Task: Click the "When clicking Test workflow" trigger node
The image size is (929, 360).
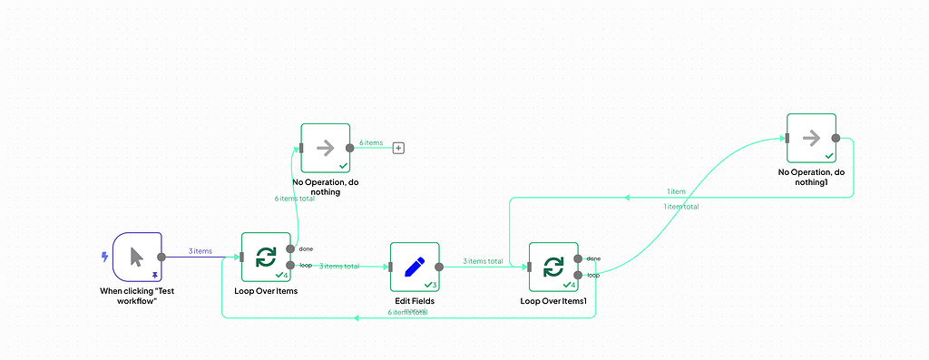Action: point(137,257)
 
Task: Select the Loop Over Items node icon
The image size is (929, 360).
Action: point(266,257)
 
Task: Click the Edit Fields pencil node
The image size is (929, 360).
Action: point(415,267)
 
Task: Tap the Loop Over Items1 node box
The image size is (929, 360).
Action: point(553,267)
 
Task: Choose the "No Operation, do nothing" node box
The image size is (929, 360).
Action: point(325,148)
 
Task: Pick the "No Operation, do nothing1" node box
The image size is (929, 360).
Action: point(811,138)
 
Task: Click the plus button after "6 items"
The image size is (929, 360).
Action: point(397,148)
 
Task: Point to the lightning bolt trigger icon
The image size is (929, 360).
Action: point(104,257)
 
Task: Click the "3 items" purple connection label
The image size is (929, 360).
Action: point(200,251)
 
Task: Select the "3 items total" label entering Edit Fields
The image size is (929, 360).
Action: point(340,266)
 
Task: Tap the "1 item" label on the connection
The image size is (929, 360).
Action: point(676,191)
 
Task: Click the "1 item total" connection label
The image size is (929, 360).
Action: point(681,206)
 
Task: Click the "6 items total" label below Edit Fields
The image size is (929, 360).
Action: point(407,312)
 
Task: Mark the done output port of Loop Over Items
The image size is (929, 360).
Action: point(290,248)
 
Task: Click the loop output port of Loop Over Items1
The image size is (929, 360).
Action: point(578,275)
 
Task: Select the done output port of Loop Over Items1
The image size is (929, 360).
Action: point(578,258)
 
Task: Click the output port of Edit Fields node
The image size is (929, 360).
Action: point(439,267)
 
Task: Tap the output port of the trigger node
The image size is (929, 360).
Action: point(161,257)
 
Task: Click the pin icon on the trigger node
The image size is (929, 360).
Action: point(155,273)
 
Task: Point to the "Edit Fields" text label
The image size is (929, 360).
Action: point(415,301)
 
